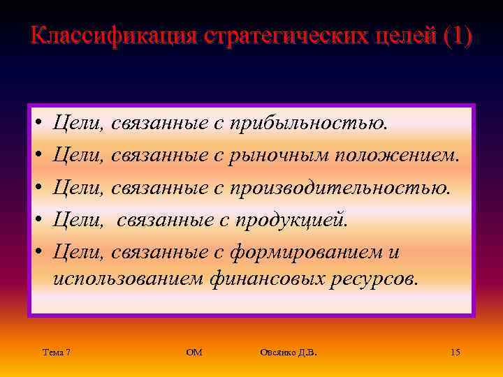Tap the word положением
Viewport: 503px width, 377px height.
398,155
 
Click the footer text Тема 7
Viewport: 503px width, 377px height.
56,353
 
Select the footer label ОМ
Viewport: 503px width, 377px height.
194,353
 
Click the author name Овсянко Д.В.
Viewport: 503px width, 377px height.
288,353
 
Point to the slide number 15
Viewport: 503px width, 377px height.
455,353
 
